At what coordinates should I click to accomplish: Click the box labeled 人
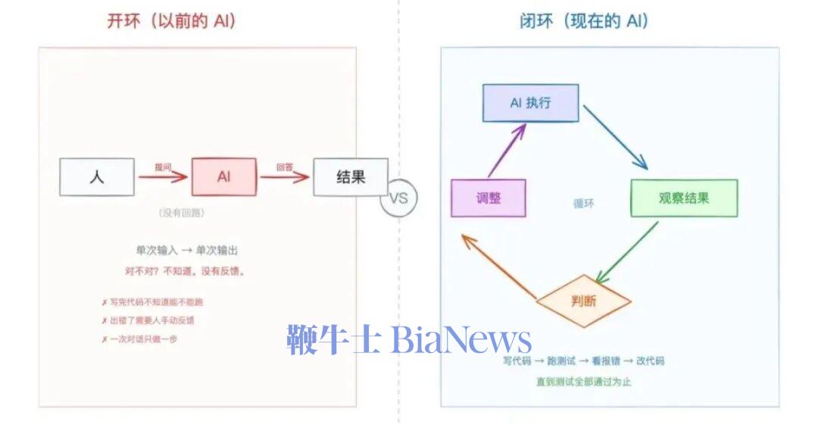coord(97,177)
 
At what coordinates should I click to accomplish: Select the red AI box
coord(223,177)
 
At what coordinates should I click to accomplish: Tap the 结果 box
coord(350,177)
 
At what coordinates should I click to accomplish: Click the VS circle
coord(398,198)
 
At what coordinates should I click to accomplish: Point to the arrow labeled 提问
coord(163,177)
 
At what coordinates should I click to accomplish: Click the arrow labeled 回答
coord(285,177)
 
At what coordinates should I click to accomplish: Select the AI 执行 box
coord(530,103)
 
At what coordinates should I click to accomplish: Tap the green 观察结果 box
coord(683,198)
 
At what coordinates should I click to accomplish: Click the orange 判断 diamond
coord(583,301)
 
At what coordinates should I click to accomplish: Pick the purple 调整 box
coord(489,198)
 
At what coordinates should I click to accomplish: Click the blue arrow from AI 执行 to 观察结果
coord(615,136)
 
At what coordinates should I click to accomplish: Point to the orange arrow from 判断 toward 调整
coord(500,265)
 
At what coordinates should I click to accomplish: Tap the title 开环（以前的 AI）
coord(172,21)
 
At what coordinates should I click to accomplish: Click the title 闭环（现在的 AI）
coord(584,21)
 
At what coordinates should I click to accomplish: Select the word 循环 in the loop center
coord(583,204)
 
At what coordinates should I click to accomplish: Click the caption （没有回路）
coord(183,214)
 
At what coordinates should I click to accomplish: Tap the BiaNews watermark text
coord(408,340)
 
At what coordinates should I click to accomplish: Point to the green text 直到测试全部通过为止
coord(583,382)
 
